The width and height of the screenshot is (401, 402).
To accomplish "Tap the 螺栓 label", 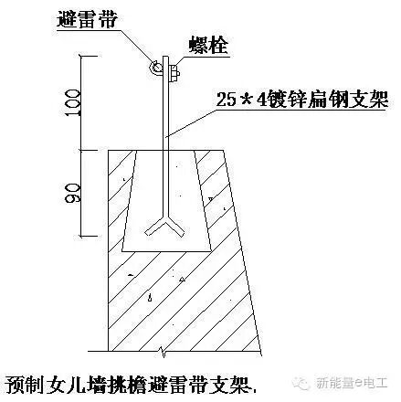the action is coord(208,46).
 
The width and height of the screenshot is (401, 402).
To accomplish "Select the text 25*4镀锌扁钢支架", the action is coord(302,99).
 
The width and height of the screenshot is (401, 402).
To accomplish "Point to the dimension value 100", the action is coord(72,102).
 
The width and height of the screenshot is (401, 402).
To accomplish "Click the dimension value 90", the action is coord(72,193).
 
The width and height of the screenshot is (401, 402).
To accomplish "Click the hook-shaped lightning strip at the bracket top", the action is coord(155,68).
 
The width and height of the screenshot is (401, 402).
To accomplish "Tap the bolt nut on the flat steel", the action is coord(174,73).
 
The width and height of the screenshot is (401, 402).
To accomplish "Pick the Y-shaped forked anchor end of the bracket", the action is coord(165,226).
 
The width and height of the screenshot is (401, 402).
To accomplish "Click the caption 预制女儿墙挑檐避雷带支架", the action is coord(131,384).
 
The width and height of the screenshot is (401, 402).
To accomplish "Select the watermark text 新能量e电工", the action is coord(352,383).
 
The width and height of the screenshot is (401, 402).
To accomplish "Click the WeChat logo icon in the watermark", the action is coord(301,383).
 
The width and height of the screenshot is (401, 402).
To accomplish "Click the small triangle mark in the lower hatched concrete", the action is coord(182,279).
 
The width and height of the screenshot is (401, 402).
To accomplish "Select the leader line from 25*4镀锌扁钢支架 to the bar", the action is coord(191,122).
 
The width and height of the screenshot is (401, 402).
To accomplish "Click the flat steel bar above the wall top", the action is coord(165,103).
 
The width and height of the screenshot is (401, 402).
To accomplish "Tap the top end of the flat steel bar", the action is coord(165,56).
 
